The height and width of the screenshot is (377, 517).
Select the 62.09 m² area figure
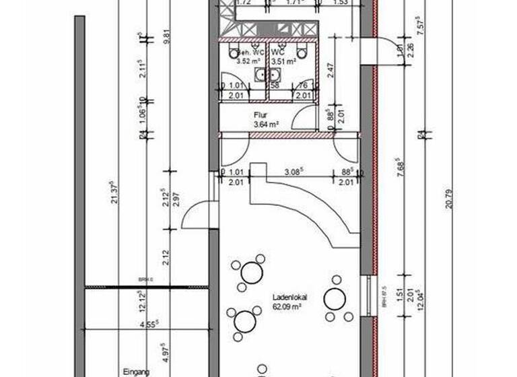click(287, 306)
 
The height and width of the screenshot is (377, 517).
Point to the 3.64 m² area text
click(266, 125)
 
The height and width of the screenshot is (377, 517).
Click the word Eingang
click(135, 371)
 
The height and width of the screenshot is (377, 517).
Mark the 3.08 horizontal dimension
click(293, 173)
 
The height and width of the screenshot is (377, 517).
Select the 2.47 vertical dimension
click(330, 69)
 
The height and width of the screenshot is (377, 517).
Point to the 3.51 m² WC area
click(283, 61)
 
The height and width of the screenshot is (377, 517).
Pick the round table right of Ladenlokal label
click(335, 298)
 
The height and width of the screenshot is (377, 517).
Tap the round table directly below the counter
click(252, 272)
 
